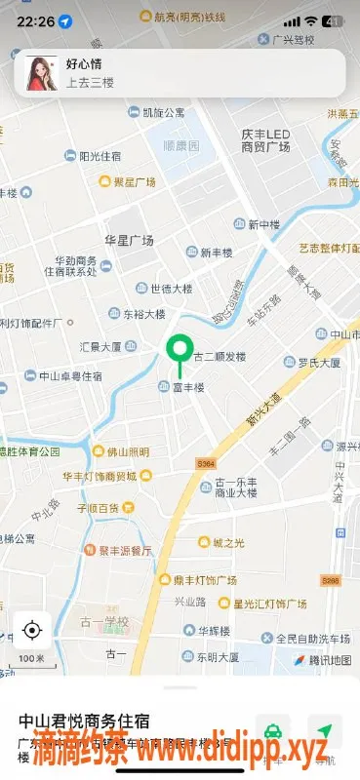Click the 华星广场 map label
pos(130,240)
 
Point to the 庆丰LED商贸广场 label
pos(266,140)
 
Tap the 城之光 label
pos(225,542)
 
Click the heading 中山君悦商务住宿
pos(84,721)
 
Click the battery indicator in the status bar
pos(333,20)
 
